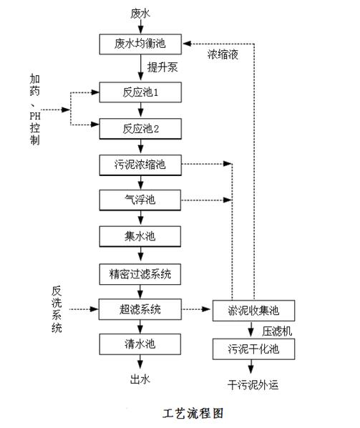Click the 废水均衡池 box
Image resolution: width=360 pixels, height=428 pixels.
[140, 44]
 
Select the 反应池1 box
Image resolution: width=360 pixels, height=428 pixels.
[140, 92]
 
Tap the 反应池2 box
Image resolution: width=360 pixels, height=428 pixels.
[140, 129]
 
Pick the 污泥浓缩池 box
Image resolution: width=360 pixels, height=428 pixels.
[140, 165]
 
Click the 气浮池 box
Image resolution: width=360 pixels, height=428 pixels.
[140, 200]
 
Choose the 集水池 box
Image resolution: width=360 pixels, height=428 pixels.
[140, 236]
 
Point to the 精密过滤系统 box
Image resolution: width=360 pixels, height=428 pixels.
[140, 274]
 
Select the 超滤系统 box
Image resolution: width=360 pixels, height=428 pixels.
[140, 309]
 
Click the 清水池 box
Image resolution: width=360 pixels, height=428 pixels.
[140, 344]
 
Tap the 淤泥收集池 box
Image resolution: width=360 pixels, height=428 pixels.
[253, 311]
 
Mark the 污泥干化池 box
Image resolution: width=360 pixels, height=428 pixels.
[253, 349]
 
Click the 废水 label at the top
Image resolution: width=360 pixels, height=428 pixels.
[140, 14]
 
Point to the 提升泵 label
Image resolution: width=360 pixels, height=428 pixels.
[162, 67]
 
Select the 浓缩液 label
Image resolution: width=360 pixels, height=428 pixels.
[223, 54]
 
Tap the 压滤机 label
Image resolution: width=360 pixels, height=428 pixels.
[277, 331]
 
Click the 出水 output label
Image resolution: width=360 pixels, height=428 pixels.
[140, 379]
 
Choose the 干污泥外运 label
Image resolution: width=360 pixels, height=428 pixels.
[253, 385]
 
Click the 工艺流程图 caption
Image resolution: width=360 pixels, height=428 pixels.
[193, 413]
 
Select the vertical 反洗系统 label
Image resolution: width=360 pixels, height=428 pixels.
[57, 309]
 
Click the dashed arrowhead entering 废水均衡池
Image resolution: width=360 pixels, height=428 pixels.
[187, 44]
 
